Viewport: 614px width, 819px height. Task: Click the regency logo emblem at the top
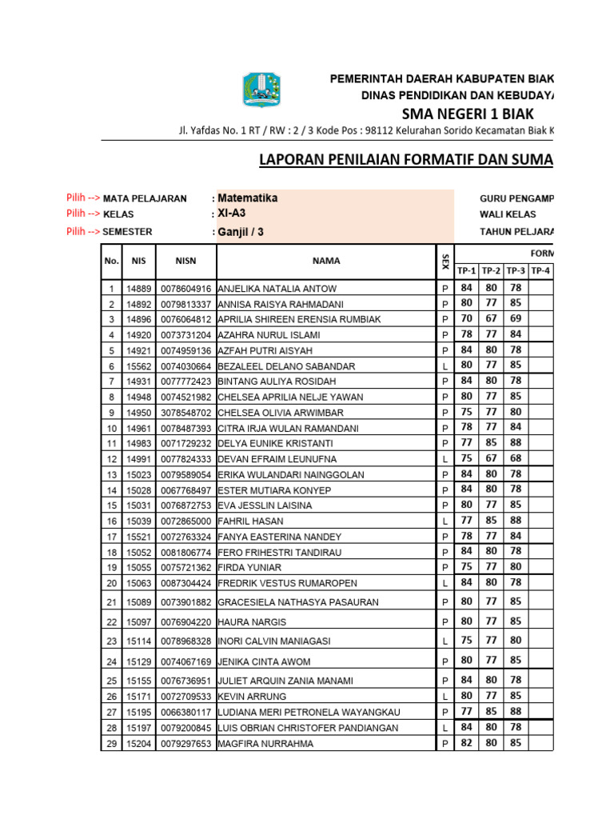click(x=262, y=89)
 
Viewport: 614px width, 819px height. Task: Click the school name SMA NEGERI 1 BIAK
click(x=467, y=113)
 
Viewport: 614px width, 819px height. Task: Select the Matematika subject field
click(x=249, y=198)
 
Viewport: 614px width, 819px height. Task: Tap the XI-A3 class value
click(x=232, y=214)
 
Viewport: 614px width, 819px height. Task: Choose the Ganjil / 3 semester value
click(x=241, y=232)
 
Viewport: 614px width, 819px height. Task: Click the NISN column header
click(x=185, y=260)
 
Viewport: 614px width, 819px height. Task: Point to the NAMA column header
click(x=326, y=260)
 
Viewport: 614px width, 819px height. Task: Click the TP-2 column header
click(x=491, y=270)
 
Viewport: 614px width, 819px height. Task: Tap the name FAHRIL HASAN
click(x=249, y=521)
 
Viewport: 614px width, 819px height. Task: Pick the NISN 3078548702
click(x=186, y=413)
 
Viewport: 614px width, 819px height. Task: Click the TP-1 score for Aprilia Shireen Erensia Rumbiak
click(x=466, y=318)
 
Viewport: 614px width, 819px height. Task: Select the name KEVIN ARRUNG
click(x=251, y=697)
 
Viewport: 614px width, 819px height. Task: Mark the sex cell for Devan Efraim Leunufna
click(x=445, y=459)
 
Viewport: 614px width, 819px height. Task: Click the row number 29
click(x=111, y=743)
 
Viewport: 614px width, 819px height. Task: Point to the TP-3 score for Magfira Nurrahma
click(x=516, y=742)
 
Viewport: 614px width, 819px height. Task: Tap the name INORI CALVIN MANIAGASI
click(x=272, y=641)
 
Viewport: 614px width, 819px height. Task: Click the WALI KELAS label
click(x=508, y=214)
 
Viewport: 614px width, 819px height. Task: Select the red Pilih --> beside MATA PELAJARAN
click(x=83, y=198)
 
